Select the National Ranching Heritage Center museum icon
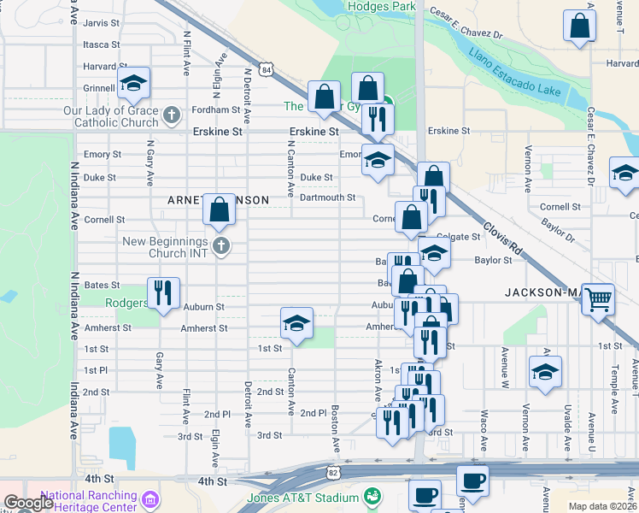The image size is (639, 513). click(x=150, y=498)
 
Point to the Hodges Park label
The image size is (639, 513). click(x=381, y=7)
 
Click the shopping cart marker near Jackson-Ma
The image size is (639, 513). click(x=598, y=298)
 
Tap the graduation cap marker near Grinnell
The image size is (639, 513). click(x=133, y=82)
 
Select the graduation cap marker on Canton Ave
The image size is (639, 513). click(x=296, y=322)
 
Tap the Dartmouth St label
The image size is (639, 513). click(x=327, y=198)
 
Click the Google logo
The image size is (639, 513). click(x=28, y=503)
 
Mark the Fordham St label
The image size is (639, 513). click(x=215, y=110)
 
